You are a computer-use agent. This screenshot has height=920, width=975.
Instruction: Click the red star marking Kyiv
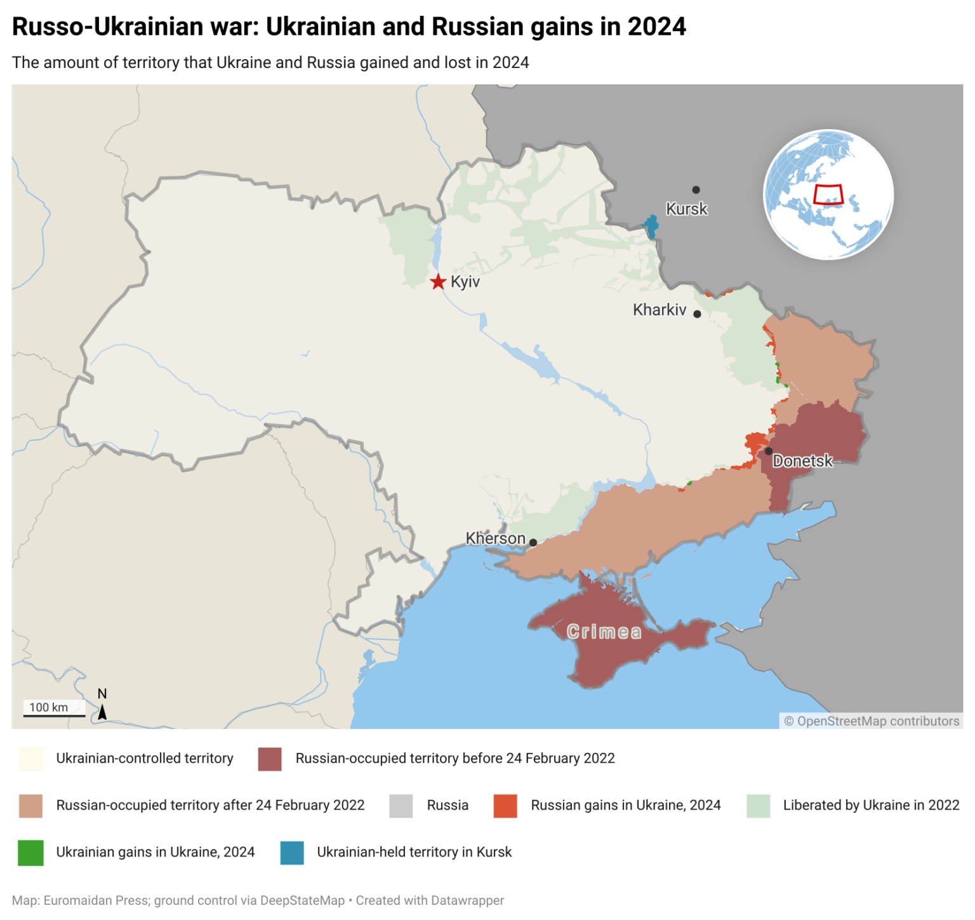pyautogui.click(x=438, y=281)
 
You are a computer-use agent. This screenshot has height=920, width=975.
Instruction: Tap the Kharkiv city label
pyautogui.click(x=660, y=310)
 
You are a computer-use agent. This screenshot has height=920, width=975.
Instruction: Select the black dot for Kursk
pyautogui.click(x=696, y=190)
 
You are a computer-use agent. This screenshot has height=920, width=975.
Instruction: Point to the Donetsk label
pyautogui.click(x=802, y=461)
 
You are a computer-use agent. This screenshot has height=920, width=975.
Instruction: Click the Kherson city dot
pyautogui.click(x=533, y=542)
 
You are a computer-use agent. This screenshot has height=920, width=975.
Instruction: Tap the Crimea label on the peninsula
pyautogui.click(x=604, y=632)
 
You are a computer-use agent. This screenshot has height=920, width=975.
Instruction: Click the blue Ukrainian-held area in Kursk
pyautogui.click(x=651, y=226)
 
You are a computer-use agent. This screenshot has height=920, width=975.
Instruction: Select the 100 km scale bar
pyautogui.click(x=54, y=715)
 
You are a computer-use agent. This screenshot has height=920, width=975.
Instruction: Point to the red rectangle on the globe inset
pyautogui.click(x=828, y=194)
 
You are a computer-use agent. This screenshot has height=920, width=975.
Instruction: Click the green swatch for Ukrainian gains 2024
pyautogui.click(x=30, y=852)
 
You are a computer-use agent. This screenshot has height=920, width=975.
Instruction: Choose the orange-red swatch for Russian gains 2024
pyautogui.click(x=505, y=805)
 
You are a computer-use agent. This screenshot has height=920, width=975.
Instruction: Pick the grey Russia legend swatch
pyautogui.click(x=401, y=805)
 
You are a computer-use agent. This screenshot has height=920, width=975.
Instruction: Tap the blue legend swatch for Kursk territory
pyautogui.click(x=292, y=852)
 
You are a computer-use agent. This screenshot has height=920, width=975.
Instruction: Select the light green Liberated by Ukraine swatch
pyautogui.click(x=758, y=805)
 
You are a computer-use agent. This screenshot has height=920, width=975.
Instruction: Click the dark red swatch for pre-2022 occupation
pyautogui.click(x=270, y=758)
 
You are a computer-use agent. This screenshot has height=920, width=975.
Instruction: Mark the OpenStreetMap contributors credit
pyautogui.click(x=872, y=721)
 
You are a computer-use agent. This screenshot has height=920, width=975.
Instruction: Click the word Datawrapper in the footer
pyautogui.click(x=467, y=900)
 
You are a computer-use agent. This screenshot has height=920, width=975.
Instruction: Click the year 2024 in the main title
pyautogui.click(x=656, y=27)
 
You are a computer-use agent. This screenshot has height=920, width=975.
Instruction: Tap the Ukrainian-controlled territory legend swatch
pyautogui.click(x=30, y=758)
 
